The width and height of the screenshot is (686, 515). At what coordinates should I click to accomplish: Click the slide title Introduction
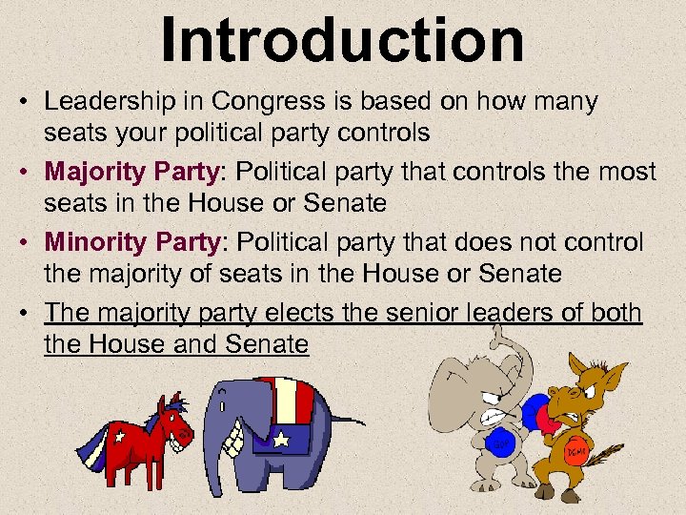point(342,40)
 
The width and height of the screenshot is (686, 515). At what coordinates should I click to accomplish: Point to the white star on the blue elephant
point(282,440)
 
